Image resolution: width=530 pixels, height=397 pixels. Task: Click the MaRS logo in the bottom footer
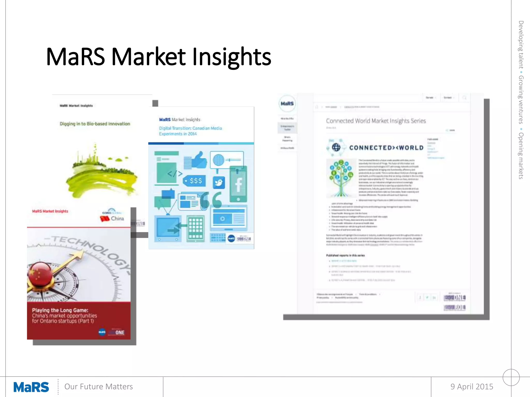tap(31, 387)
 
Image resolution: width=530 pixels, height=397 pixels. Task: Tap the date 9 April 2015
tap(472, 386)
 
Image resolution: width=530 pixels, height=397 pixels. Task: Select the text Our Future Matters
tap(98, 386)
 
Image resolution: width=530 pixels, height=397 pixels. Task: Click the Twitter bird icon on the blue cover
tap(219, 183)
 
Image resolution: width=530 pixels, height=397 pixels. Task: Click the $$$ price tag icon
tap(195, 181)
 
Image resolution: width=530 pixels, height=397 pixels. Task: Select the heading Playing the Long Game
tap(60, 310)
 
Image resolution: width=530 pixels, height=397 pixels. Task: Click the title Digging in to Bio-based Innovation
tap(95, 124)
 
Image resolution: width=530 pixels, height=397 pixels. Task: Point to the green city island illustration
tap(101, 173)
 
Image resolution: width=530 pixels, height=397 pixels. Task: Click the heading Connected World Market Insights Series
tap(376, 121)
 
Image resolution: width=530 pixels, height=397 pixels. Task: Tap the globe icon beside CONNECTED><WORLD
tap(336, 147)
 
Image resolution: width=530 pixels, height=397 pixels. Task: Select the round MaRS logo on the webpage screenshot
tap(287, 104)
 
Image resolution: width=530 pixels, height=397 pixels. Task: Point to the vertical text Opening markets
tap(521, 156)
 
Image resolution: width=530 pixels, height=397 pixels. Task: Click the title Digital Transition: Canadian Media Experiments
tap(190, 131)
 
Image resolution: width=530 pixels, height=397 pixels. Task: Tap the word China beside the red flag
tap(117, 218)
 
